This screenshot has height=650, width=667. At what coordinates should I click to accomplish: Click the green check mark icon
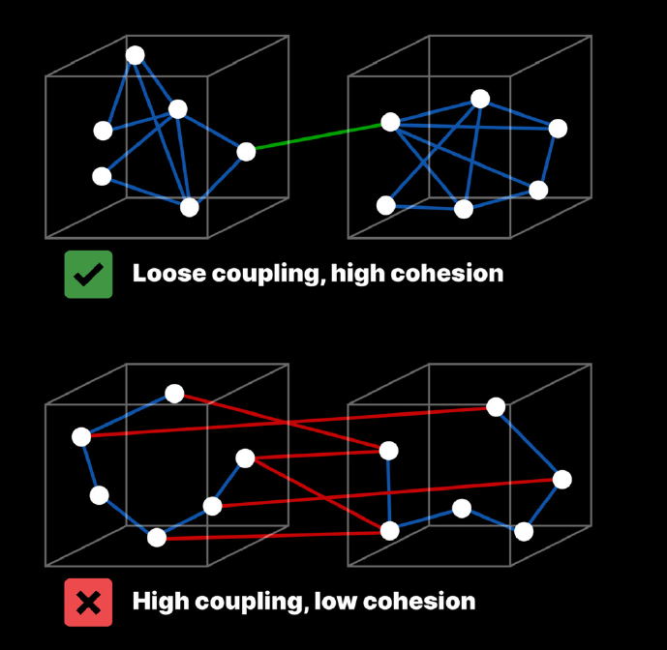tap(88, 274)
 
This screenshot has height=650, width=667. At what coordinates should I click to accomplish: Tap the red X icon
tap(88, 603)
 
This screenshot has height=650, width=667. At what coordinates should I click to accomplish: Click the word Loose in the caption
tap(163, 274)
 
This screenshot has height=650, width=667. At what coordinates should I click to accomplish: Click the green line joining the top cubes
tap(318, 136)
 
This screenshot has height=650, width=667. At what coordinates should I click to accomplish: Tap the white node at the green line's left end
tap(246, 151)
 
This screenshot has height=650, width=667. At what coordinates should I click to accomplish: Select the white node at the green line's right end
tap(390, 122)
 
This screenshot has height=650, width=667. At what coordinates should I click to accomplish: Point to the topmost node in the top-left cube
tap(136, 55)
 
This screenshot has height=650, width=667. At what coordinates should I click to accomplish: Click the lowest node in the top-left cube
tap(190, 207)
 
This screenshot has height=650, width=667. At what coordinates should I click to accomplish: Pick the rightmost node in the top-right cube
tap(558, 129)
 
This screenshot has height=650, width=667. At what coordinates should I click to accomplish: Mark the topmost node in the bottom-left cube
tap(174, 394)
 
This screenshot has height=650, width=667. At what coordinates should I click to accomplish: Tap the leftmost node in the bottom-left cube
tap(81, 437)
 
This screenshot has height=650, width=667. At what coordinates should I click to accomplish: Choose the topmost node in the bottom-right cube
tap(496, 407)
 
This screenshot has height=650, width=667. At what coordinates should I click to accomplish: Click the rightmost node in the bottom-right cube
tap(562, 480)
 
